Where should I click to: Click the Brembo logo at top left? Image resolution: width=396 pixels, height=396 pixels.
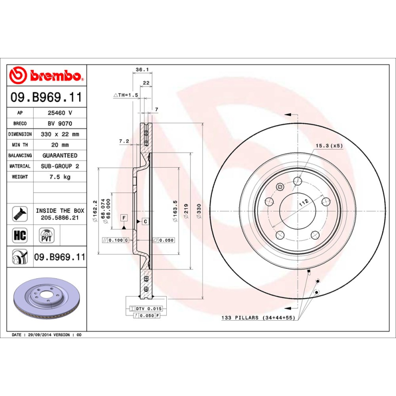coord(46,75)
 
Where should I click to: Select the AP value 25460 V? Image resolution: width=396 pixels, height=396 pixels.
coord(59,113)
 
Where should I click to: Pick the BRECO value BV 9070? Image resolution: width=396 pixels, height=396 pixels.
coord(59,123)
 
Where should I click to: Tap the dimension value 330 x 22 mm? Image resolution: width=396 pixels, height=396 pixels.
coord(59,134)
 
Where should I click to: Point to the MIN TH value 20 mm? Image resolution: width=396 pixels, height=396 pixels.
coord(59,145)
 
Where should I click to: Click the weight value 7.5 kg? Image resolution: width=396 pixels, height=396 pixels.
coord(59,177)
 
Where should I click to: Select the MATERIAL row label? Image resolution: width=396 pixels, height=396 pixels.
coord(20,166)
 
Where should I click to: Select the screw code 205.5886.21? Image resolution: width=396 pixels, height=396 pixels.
coord(59,218)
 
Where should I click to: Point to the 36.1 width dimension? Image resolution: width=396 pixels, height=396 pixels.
coord(143,70)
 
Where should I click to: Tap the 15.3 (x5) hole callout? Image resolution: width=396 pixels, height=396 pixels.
coord(329,146)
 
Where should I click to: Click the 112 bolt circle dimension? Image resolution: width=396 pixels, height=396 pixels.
coord(303,201)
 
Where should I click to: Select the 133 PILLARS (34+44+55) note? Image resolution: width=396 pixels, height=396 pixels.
coord(258,318)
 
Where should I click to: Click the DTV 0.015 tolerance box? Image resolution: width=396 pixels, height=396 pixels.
coord(148,308)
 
